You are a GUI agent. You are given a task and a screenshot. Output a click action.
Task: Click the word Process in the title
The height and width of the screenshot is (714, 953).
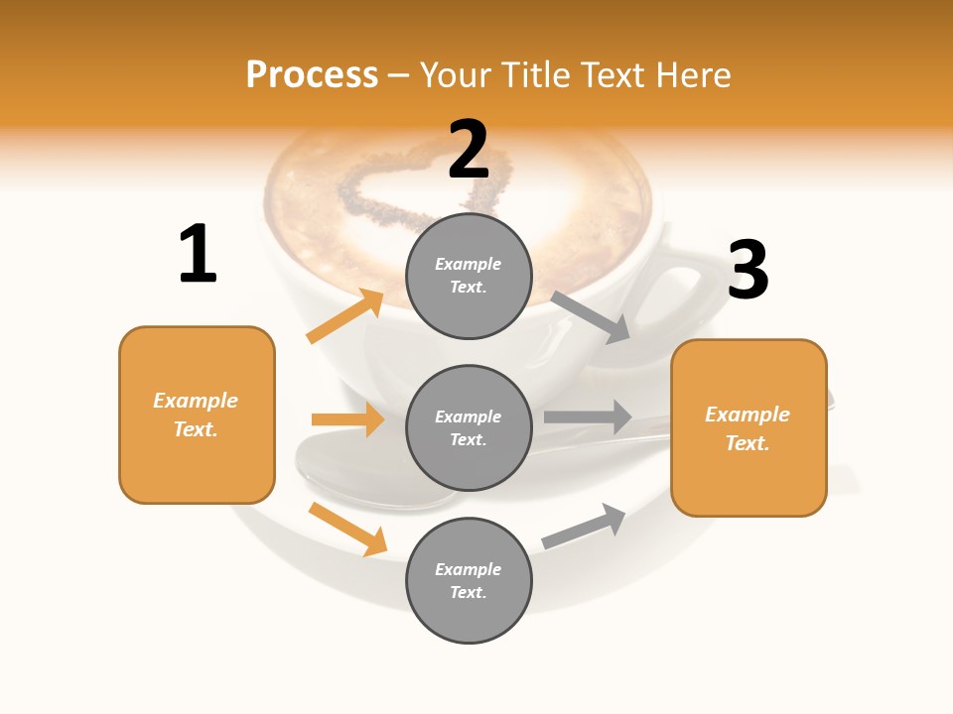(x=312, y=75)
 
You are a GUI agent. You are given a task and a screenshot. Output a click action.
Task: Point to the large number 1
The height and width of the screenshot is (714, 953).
(x=198, y=254)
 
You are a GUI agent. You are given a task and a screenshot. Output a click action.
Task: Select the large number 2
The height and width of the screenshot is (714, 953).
(x=469, y=150)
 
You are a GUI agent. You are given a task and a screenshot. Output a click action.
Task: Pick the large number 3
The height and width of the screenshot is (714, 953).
(x=748, y=270)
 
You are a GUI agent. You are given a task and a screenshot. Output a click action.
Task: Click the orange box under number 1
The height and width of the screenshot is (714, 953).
(x=197, y=415)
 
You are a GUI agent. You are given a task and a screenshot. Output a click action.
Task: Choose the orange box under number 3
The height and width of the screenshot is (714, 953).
(x=749, y=427)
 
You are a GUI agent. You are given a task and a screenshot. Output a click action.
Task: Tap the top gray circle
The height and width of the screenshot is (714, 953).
(x=469, y=276)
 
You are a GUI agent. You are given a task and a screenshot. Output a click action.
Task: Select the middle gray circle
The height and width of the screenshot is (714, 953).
(x=469, y=427)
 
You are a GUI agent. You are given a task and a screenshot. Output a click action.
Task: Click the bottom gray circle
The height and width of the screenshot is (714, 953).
(x=469, y=580)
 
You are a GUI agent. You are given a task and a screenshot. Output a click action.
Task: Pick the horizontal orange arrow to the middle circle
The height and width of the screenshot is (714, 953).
(x=347, y=419)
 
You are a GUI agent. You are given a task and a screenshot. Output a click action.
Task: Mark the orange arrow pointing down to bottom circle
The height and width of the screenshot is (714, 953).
(x=347, y=529)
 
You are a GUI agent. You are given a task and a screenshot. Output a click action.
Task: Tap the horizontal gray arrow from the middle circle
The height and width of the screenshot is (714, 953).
(x=588, y=416)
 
